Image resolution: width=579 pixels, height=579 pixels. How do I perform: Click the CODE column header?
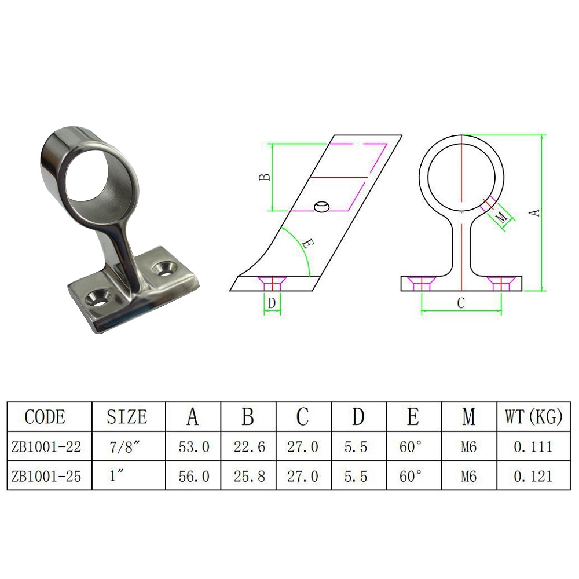click(x=45, y=416)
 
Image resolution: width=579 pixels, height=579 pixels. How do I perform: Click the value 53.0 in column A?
click(x=193, y=447)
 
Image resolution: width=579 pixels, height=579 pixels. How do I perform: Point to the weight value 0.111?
click(x=533, y=447)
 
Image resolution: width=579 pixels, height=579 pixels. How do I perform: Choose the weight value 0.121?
click(x=533, y=477)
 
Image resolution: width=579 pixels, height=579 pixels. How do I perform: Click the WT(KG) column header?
click(x=533, y=416)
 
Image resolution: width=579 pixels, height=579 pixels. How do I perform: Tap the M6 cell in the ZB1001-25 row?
click(x=468, y=477)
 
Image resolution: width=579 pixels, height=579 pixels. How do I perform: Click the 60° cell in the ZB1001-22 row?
click(x=413, y=447)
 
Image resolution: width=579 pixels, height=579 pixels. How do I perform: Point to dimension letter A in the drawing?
click(x=536, y=212)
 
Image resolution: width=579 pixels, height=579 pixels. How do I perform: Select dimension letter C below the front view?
click(x=461, y=303)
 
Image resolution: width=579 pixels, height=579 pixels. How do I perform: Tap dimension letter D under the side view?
click(x=272, y=303)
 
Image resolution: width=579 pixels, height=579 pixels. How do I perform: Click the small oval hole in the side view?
click(x=321, y=207)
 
